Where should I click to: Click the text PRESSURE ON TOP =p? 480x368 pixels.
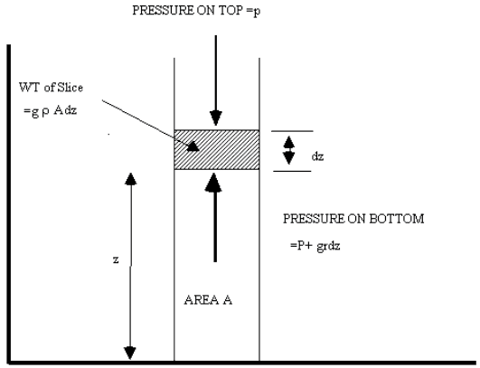click(196, 11)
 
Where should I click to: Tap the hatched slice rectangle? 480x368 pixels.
click(217, 150)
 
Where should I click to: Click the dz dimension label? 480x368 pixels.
click(317, 156)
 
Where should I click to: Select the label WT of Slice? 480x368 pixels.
click(51, 88)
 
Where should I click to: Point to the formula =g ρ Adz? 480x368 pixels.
click(50, 111)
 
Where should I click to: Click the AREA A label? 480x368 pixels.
click(208, 300)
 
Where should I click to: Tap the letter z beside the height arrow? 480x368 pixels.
click(116, 259)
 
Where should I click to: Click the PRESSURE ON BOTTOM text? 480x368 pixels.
click(353, 219)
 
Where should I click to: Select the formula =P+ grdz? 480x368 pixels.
click(315, 246)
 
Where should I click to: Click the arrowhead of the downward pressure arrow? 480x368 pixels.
click(216, 118)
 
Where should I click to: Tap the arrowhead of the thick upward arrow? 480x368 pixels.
click(213, 183)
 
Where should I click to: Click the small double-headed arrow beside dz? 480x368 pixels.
click(288, 150)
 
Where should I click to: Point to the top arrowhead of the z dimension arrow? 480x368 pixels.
click(131, 179)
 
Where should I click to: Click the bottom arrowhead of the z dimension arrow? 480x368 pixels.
click(130, 353)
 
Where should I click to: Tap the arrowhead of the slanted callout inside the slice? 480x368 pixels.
click(193, 146)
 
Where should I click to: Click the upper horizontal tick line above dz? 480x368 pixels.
click(292, 131)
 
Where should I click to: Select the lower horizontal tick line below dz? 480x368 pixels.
click(292, 171)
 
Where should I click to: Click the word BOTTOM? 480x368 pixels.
click(397, 219)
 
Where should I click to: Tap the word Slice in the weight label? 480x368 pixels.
click(71, 88)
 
